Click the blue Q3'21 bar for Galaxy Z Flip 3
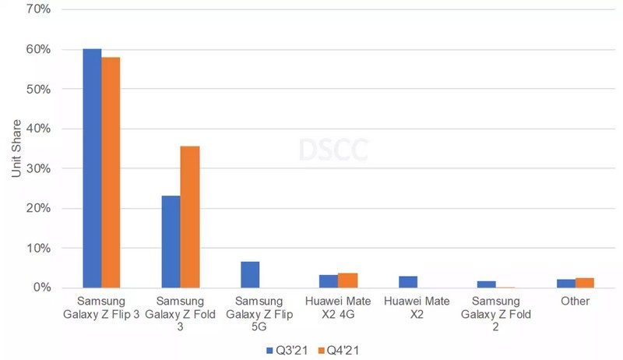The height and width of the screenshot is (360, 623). tap(92, 168)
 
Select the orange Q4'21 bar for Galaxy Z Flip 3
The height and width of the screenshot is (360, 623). tap(111, 172)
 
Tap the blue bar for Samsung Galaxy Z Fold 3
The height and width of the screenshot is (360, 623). tap(171, 242)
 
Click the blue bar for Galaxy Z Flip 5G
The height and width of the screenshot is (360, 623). tap(250, 274)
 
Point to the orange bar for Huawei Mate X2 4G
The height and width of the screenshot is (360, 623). tap(347, 281)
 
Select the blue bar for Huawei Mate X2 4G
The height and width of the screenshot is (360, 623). tap(329, 281)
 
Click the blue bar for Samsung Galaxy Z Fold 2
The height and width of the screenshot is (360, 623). tap(486, 284)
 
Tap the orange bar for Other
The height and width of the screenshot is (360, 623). tap(584, 283)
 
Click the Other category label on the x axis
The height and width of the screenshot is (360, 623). tap(575, 301)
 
